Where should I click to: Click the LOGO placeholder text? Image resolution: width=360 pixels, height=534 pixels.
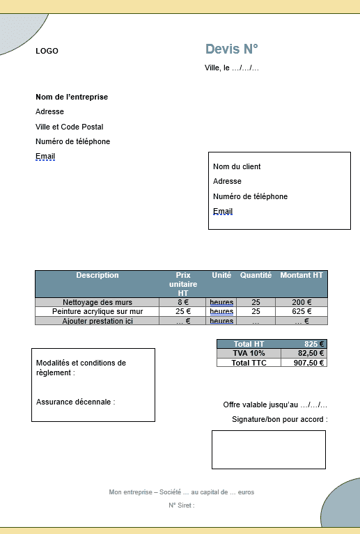[x=47, y=51]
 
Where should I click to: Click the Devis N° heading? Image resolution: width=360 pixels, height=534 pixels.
[x=231, y=49]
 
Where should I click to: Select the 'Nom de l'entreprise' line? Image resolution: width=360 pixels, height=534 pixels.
[x=72, y=97]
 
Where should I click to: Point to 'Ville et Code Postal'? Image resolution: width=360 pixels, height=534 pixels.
[x=69, y=127]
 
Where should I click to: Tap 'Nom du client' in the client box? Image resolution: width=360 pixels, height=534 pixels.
[x=237, y=166]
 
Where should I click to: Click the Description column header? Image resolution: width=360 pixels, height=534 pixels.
[x=97, y=276]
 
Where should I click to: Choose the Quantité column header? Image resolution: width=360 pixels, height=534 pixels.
[x=256, y=276]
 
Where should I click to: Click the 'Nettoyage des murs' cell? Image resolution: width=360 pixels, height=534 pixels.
[x=97, y=302]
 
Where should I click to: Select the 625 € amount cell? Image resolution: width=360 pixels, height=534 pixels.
[x=302, y=311]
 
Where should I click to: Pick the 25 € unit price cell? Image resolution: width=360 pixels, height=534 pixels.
[x=183, y=311]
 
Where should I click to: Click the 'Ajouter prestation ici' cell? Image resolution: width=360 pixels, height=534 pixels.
[x=97, y=321]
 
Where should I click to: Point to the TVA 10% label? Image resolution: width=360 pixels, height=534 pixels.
[x=249, y=353]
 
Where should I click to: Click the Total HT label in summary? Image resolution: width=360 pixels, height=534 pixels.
[x=249, y=344]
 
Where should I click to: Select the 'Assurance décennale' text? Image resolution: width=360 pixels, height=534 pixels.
[x=75, y=402]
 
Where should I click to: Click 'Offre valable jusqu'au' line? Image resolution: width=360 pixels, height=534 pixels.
[x=275, y=405]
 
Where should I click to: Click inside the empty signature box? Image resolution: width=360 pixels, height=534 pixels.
[x=268, y=449]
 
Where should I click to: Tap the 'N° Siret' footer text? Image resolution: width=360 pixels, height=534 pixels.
[x=181, y=505]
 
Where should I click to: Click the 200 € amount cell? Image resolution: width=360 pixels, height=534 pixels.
[x=302, y=302]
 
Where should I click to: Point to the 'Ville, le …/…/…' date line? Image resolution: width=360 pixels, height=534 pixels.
[x=232, y=68]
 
